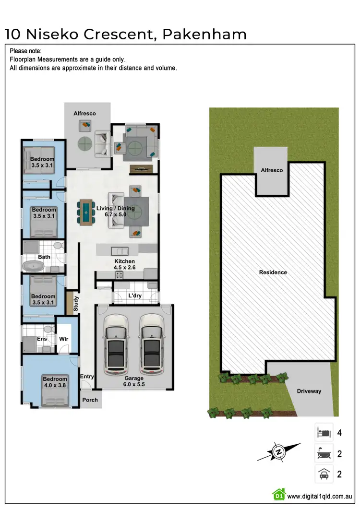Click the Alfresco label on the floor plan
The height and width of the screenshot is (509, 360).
coord(84,114)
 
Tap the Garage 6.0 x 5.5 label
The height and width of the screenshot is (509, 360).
coord(134,381)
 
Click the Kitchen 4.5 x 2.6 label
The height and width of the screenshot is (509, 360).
coord(124,264)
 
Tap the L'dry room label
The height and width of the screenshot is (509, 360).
coord(134,296)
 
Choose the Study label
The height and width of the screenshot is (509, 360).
coord(76,304)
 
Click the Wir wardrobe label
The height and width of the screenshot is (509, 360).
coord(64,339)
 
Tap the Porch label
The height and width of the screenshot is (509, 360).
coord(90,400)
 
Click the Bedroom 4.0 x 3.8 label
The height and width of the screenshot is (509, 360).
coord(55,382)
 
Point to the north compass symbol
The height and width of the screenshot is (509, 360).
coord(278,451)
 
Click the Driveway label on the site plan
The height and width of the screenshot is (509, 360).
coord(309,391)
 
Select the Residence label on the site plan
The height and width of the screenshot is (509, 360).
coord(273,272)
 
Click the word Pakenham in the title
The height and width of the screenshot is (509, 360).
coord(205,34)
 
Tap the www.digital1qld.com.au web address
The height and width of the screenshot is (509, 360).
coord(320,495)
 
